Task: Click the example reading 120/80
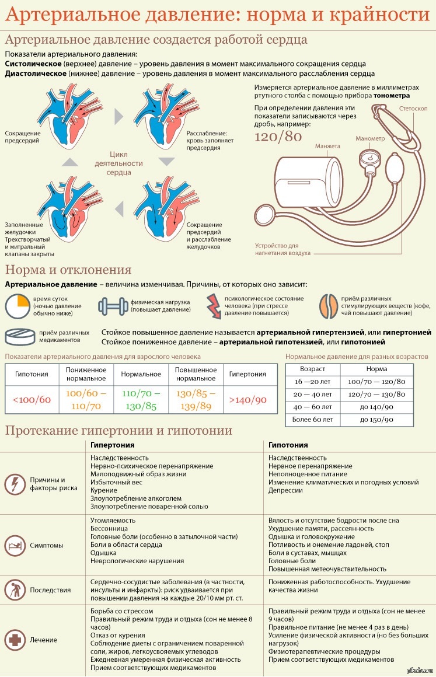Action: pos(278,137)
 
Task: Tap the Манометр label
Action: pos(370,138)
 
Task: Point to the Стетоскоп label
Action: pos(413,109)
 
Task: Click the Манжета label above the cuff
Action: pos(327,146)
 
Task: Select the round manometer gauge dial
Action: pos(369,157)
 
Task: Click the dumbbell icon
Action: pos(113,306)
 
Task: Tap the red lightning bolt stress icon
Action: pos(213,306)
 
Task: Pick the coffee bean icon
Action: pos(329,306)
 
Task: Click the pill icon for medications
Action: pos(20,337)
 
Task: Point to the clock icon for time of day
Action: pos(18,306)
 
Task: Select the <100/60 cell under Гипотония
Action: pos(32,400)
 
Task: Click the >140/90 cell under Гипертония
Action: pos(248,400)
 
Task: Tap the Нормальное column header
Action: pos(141,374)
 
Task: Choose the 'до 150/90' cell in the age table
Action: pos(376,420)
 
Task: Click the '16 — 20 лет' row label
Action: pos(312,382)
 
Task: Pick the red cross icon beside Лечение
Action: pos(15,640)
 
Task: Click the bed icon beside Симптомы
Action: pos(15,545)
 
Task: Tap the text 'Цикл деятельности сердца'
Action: pos(118,163)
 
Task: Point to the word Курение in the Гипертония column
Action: pos(104,490)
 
